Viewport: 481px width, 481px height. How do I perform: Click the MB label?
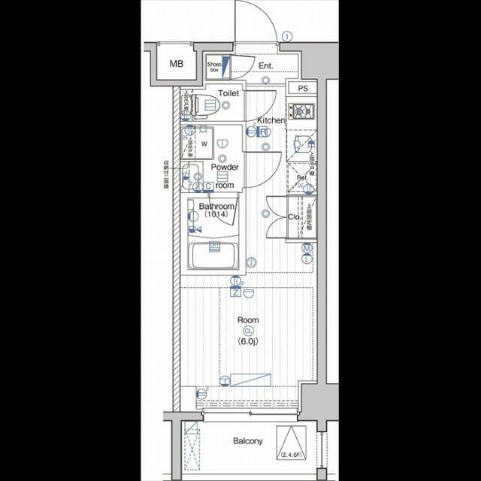point(176,64)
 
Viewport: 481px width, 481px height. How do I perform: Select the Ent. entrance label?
point(265,66)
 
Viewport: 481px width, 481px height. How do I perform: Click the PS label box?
point(302,88)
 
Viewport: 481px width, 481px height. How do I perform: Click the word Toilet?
point(228,94)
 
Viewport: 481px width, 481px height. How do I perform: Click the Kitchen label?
point(271,120)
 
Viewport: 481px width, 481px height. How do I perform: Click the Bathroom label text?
point(216,206)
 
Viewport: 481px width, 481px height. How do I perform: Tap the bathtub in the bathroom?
point(214,259)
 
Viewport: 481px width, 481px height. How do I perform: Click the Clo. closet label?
point(294,217)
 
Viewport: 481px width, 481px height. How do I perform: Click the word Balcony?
point(247,441)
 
